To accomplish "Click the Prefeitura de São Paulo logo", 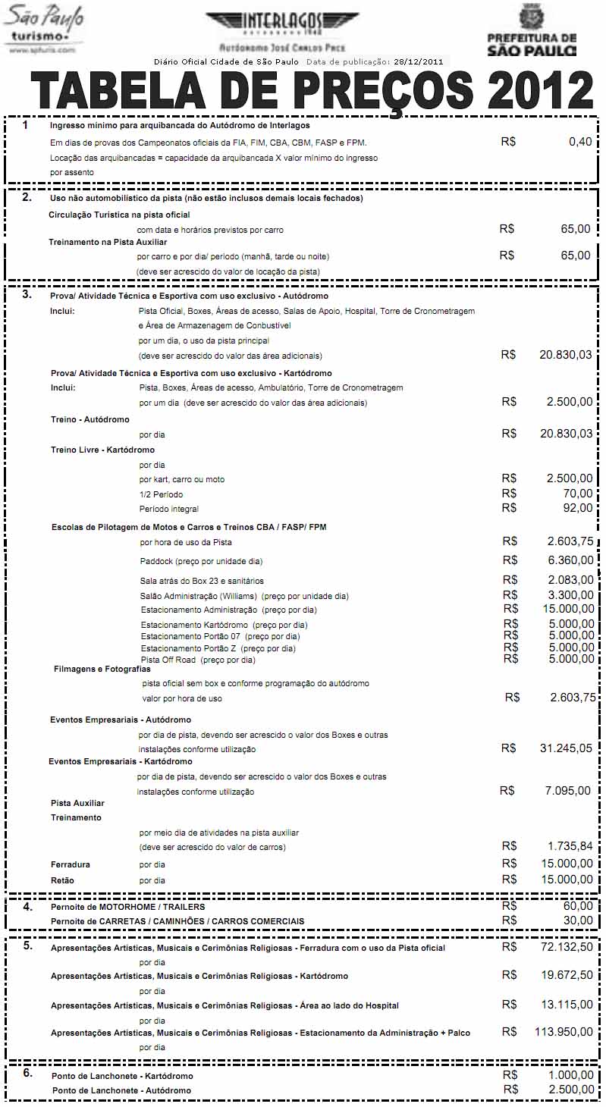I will pos(531,30).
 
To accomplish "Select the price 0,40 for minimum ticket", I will pos(580,142).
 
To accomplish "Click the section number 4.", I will pos(27,906).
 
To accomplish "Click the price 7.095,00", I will pos(568,791).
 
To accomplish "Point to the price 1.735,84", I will pos(570,846).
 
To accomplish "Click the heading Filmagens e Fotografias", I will pos(102,669).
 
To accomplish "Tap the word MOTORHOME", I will pos(124,907).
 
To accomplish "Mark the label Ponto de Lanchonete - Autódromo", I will pos(121,1090).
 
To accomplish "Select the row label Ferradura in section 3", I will pos(71,864).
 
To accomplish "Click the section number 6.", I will pos(27,1074).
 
